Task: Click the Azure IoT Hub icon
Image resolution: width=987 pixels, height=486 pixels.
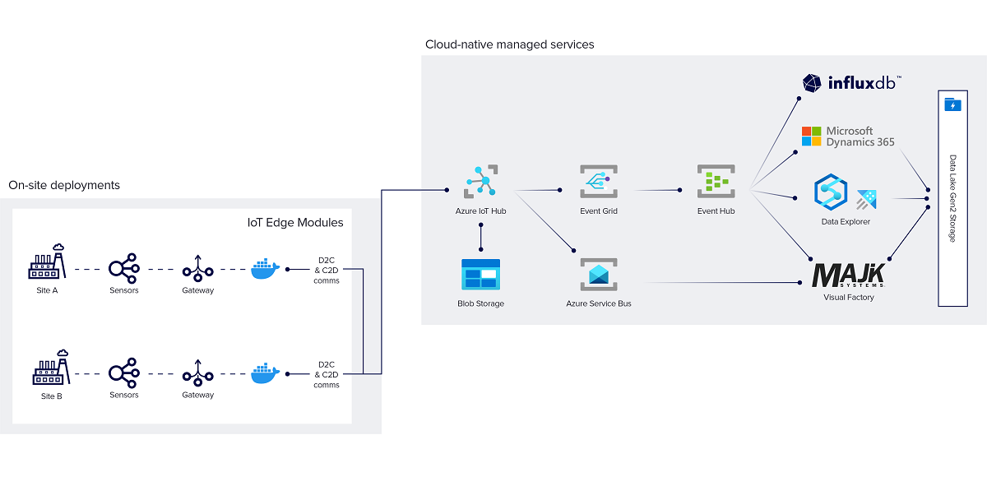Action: (x=481, y=182)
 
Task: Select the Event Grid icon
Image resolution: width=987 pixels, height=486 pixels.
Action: (x=598, y=182)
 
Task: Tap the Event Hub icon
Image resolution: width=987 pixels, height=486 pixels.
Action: (x=716, y=182)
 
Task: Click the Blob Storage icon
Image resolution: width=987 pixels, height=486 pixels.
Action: (x=480, y=274)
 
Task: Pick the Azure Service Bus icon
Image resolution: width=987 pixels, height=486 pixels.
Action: (x=598, y=274)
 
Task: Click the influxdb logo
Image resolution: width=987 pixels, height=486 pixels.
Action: (x=852, y=83)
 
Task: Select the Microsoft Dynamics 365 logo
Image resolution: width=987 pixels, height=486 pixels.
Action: (x=848, y=137)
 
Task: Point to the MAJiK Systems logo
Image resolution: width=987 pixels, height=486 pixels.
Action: (x=848, y=275)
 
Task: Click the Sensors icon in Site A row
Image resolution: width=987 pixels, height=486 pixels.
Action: (x=124, y=268)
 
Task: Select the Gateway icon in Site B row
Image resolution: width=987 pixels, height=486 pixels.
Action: (x=197, y=373)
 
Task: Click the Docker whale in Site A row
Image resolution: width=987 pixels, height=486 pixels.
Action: (x=265, y=268)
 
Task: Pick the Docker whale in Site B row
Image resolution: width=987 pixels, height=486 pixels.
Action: (x=265, y=373)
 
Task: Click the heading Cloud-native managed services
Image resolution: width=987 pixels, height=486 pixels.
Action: (x=509, y=44)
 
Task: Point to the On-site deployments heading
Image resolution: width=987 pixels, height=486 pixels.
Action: (x=64, y=185)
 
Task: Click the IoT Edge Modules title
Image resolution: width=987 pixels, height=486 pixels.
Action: (x=295, y=222)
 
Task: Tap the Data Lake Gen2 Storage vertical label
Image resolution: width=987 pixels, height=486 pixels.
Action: (x=952, y=198)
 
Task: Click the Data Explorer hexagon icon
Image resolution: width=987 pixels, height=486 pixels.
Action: (x=830, y=192)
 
